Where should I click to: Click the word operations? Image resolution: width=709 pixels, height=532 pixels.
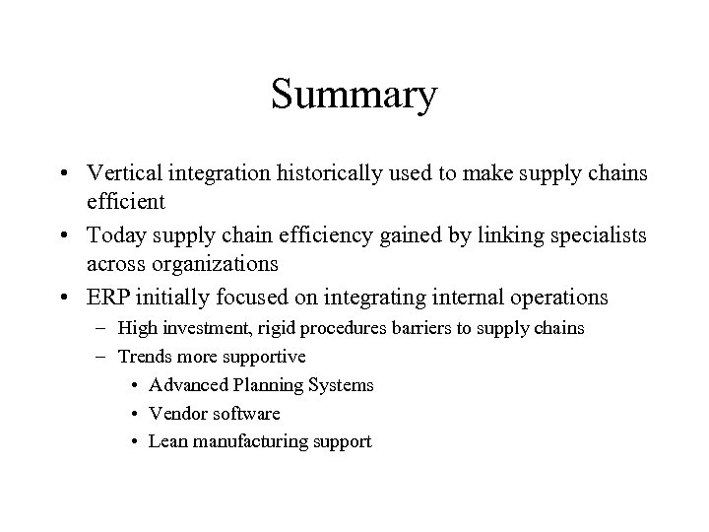561,298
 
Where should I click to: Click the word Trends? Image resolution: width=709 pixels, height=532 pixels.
145,356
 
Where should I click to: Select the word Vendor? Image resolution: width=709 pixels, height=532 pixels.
176,414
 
